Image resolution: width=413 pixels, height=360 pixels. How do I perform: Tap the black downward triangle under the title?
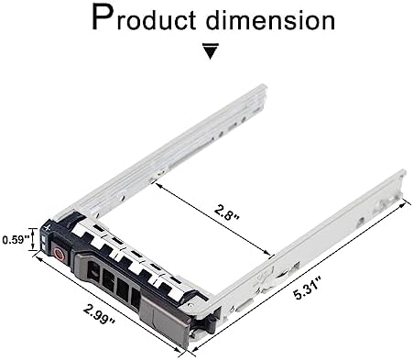click(210, 51)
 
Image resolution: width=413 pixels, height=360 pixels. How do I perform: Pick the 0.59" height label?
click(14, 239)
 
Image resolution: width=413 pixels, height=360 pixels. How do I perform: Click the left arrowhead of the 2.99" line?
click(37, 260)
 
